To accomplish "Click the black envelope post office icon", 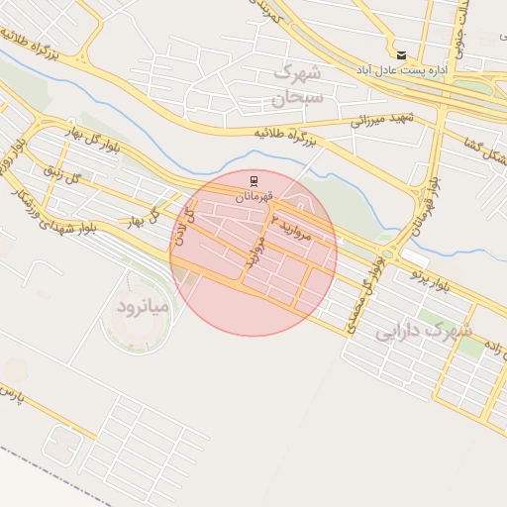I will click(401, 55).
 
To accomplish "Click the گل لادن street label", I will click(179, 224).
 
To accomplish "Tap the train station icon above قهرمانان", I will click(254, 180).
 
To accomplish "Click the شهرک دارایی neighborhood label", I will click(423, 332).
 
